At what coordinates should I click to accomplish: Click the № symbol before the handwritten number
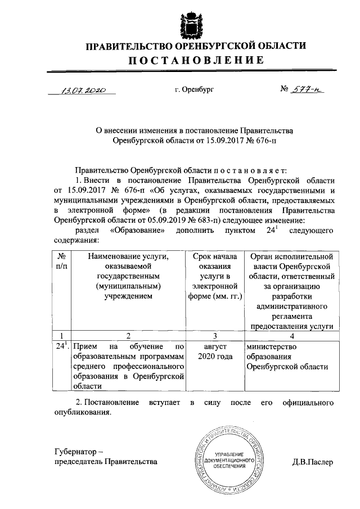point(285,89)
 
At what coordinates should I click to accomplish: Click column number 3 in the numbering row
point(214,336)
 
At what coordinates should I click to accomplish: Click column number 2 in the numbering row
point(128,336)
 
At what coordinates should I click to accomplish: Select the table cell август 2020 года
point(214,352)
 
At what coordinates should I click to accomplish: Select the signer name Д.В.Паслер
point(313,462)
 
